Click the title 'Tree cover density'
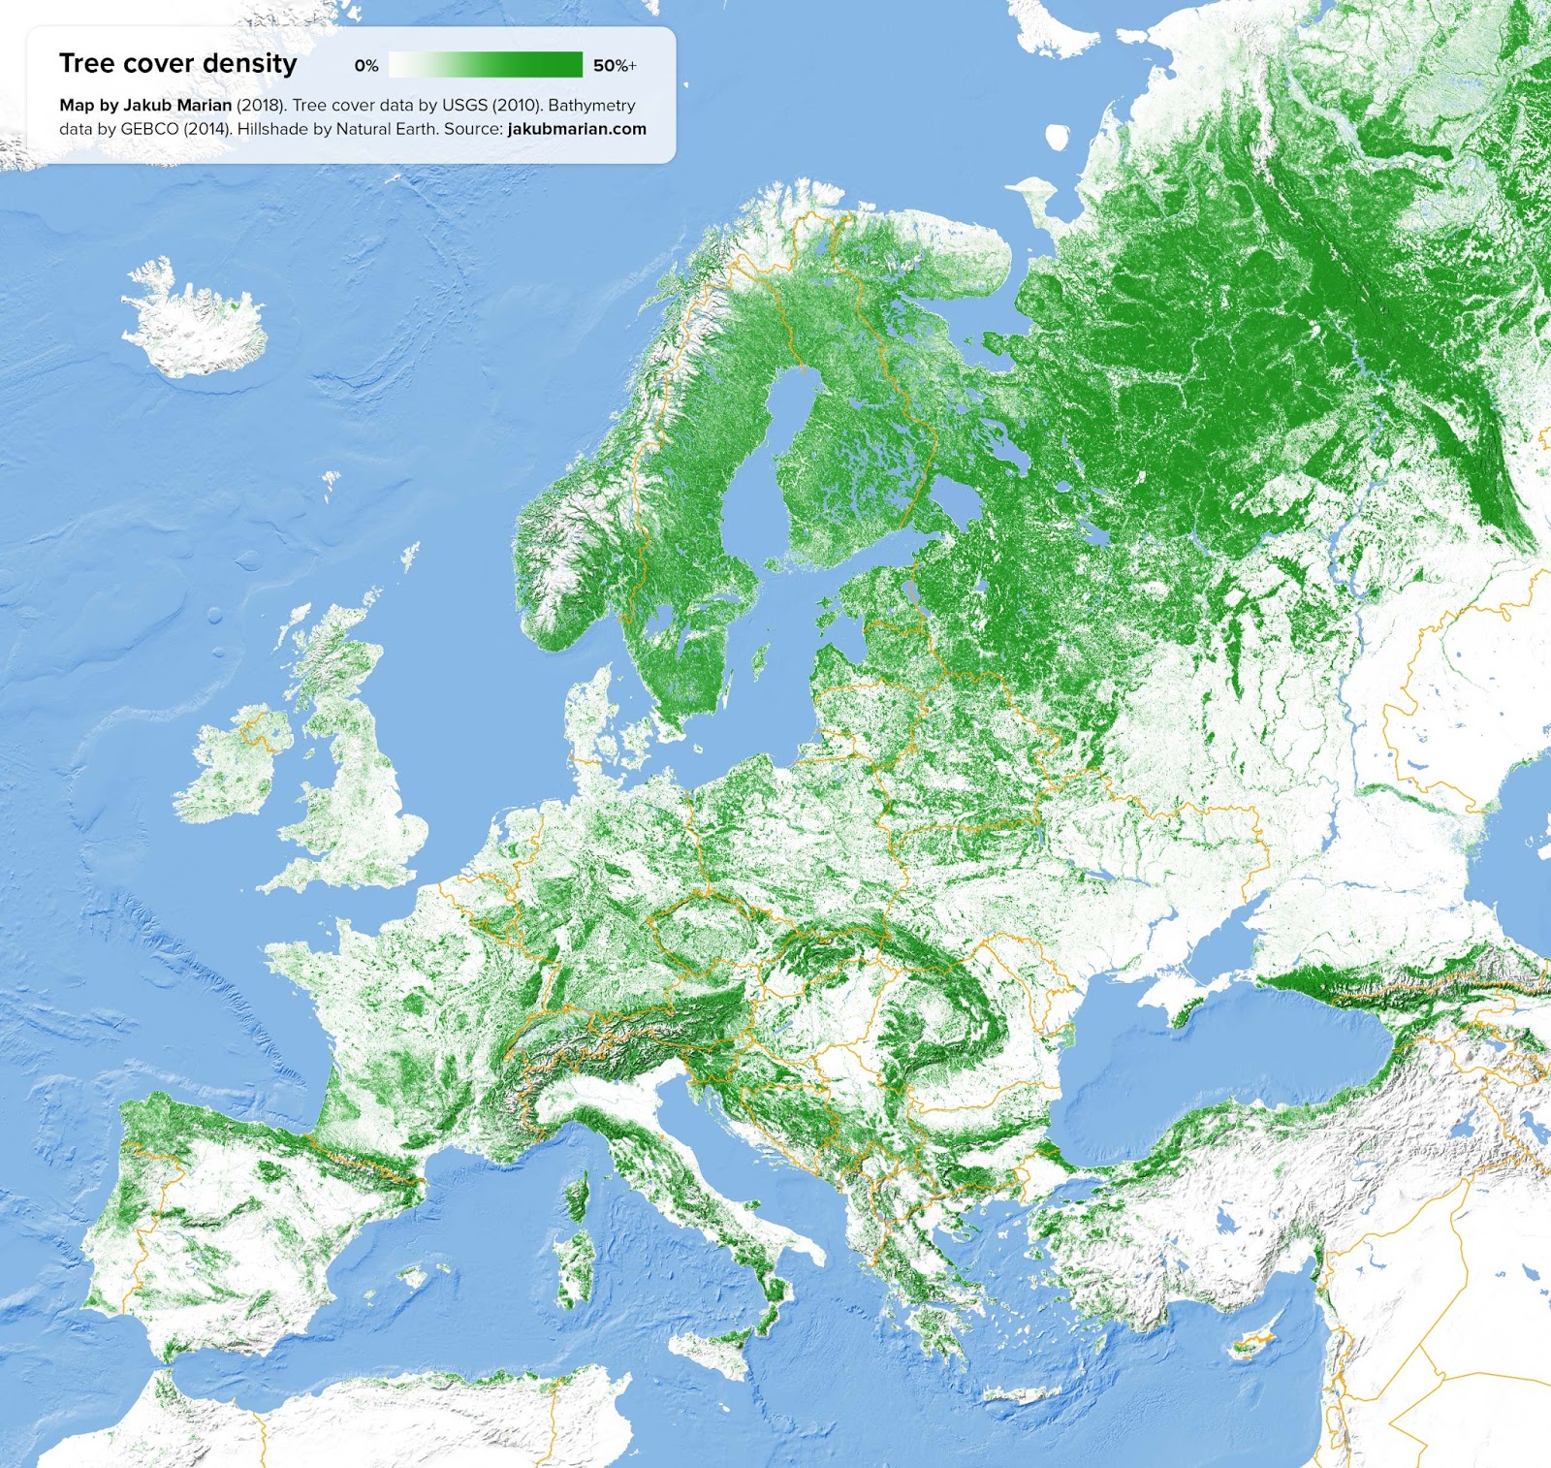pyautogui.click(x=177, y=64)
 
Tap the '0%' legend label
pyautogui.click(x=366, y=66)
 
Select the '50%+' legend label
pyautogui.click(x=615, y=66)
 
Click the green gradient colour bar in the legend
pyautogui.click(x=485, y=65)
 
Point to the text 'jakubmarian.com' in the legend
pyautogui.click(x=577, y=129)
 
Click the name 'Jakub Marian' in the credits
pyautogui.click(x=177, y=106)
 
